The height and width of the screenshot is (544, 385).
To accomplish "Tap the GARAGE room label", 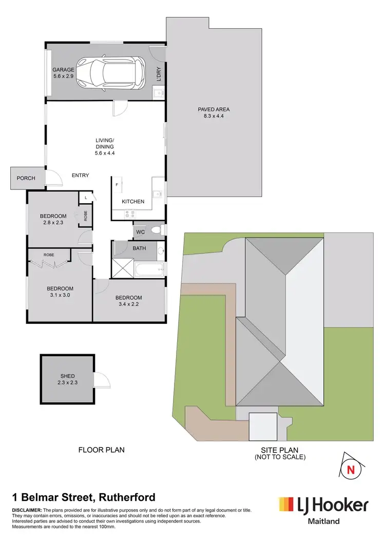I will (63, 72).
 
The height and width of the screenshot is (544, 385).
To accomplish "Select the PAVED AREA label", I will (214, 112).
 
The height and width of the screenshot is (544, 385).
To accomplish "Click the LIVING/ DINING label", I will (104, 147).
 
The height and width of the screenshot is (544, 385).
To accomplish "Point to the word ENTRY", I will (80, 176).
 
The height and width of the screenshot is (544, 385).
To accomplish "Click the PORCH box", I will (26, 178).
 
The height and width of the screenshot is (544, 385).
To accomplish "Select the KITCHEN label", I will (133, 202).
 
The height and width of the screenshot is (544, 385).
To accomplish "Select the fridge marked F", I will (118, 184).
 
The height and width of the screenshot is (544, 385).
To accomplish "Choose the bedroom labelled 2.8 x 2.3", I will (53, 219).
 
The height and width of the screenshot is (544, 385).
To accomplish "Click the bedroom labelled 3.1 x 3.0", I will (61, 292).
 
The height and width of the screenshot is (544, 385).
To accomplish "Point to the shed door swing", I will (103, 380).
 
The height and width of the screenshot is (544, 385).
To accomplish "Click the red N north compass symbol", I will (351, 469).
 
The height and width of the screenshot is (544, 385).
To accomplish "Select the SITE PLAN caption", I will (280, 453).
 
